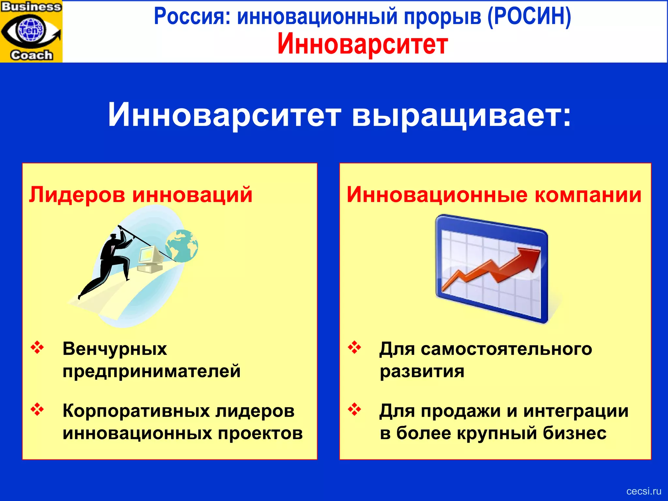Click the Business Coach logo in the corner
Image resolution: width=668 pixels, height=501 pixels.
point(31,31)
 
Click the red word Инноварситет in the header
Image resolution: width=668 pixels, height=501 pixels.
point(362,45)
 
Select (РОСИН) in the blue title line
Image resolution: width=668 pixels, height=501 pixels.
point(529,16)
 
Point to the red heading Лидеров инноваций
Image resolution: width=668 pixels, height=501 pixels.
point(141,195)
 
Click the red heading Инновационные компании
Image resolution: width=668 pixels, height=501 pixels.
point(494,195)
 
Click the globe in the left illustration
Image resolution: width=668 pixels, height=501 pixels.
point(181,246)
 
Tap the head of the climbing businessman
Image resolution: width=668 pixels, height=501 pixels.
point(113,237)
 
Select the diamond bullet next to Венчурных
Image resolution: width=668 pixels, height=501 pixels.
point(37,347)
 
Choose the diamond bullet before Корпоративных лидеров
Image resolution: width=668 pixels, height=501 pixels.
point(37,409)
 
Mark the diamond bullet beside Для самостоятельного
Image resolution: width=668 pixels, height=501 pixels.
point(355,347)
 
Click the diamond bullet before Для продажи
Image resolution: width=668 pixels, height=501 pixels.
point(355,409)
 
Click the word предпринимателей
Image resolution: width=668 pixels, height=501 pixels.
point(152,371)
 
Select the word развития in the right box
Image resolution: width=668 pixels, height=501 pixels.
point(422,371)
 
